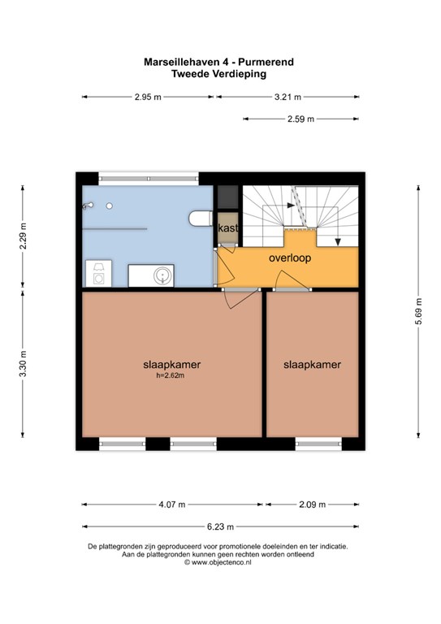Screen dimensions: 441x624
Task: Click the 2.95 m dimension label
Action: pyautogui.click(x=148, y=97)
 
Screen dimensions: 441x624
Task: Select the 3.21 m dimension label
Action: pyautogui.click(x=288, y=97)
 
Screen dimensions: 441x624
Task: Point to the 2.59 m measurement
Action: pyautogui.click(x=300, y=119)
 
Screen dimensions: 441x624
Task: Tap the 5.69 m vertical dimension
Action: pyautogui.click(x=418, y=311)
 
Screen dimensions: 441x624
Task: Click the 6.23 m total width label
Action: pyautogui.click(x=220, y=526)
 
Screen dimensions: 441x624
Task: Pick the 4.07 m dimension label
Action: pyautogui.click(x=172, y=505)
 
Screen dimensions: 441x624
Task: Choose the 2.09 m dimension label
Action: pyautogui.click(x=312, y=505)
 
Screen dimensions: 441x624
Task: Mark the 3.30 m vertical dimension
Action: pyautogui.click(x=23, y=364)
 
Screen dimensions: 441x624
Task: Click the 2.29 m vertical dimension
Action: pyautogui.click(x=23, y=236)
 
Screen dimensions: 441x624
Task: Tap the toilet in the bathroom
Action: pyautogui.click(x=201, y=219)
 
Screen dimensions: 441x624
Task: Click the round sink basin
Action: pyautogui.click(x=162, y=275)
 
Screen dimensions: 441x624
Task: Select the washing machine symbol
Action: pyautogui.click(x=98, y=273)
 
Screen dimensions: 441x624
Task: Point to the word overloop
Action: pyautogui.click(x=290, y=258)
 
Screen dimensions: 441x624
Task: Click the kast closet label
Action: pyautogui.click(x=228, y=228)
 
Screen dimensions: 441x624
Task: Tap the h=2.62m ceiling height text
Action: pyautogui.click(x=171, y=375)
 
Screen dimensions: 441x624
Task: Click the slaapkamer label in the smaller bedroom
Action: pyautogui.click(x=312, y=365)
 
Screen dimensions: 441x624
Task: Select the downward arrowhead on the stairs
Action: pyautogui.click(x=338, y=241)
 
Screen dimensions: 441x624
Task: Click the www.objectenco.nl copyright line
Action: pyautogui.click(x=218, y=562)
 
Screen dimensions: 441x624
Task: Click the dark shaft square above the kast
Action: pyautogui.click(x=228, y=197)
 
